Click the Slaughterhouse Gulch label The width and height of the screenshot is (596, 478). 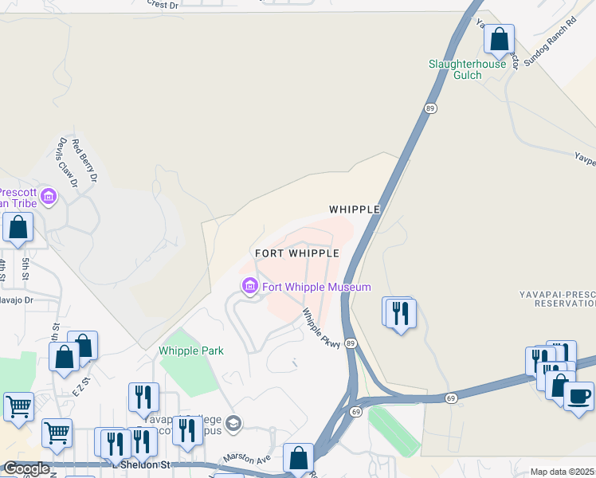467,69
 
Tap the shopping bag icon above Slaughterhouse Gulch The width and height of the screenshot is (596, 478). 499,38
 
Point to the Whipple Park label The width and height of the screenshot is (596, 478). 191,351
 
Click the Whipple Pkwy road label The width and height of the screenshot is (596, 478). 320,327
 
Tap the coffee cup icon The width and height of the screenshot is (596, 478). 578,395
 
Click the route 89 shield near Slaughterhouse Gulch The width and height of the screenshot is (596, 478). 429,108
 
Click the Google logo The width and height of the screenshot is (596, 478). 26,468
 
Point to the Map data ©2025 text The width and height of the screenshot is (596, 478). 563,472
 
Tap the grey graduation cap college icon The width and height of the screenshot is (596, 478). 233,422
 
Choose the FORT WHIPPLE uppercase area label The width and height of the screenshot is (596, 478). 297,253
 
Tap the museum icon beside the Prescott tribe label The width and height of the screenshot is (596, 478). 49,196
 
